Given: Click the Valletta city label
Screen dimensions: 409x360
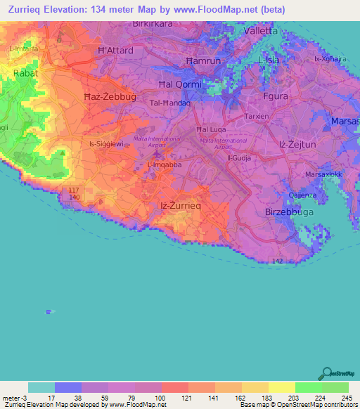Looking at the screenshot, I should [x=259, y=32].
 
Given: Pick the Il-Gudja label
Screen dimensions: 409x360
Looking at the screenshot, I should [x=238, y=158].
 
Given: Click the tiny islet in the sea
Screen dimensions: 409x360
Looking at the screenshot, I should [x=49, y=311].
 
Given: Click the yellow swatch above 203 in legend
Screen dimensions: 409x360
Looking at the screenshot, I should [x=281, y=387].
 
